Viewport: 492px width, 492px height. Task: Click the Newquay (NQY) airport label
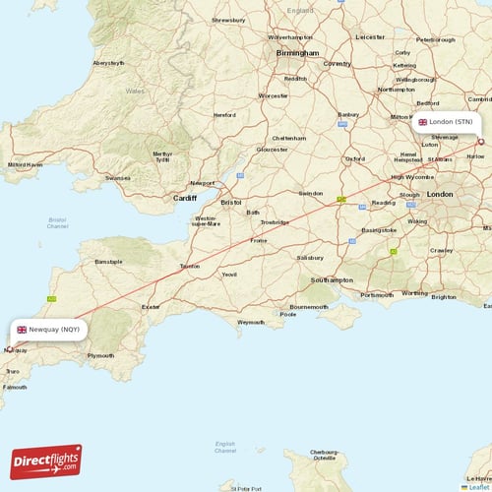pos(48,330)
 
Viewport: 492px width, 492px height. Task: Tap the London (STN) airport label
pos(445,122)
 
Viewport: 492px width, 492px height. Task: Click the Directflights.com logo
pos(46,462)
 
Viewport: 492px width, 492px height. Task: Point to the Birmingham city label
pos(297,53)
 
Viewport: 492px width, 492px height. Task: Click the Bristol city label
pos(231,202)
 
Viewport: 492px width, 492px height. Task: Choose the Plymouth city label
pos(101,355)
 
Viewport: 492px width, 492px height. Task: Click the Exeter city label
pos(151,307)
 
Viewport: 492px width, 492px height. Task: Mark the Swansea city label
pos(117,178)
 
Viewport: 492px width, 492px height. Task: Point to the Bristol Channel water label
pos(57,223)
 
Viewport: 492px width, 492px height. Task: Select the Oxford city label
pos(355,158)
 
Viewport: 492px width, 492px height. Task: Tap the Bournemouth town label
pos(309,306)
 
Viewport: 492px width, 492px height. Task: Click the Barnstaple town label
pos(107,263)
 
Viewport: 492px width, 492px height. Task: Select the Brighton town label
pos(444,296)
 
